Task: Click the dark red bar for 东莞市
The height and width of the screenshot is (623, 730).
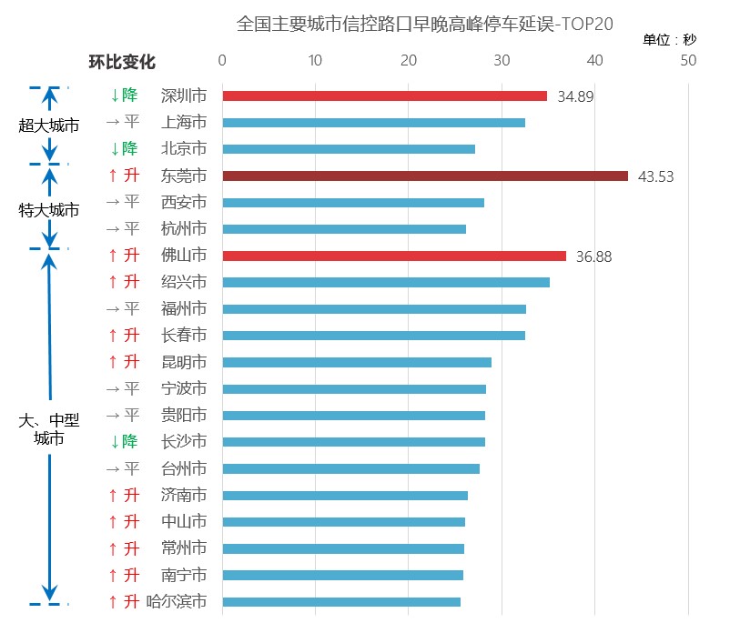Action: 425,176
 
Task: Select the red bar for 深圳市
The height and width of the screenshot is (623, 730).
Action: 384,95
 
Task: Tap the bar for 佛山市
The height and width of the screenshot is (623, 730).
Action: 394,256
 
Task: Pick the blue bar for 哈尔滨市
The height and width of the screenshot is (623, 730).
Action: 341,601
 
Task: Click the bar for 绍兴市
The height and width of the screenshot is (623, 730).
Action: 386,282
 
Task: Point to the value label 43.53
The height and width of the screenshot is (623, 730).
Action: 656,176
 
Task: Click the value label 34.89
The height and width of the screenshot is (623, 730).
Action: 575,96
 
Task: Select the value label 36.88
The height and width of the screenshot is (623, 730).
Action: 593,256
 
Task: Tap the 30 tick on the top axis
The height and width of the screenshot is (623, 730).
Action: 502,61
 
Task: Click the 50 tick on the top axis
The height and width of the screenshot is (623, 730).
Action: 687,61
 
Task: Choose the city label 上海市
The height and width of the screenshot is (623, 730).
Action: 183,122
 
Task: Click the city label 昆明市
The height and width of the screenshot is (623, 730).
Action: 183,362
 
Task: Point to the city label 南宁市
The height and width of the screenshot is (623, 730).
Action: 183,575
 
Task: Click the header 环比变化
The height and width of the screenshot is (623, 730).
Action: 122,62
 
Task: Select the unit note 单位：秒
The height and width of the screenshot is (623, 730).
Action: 670,40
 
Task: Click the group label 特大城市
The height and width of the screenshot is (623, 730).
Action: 49,210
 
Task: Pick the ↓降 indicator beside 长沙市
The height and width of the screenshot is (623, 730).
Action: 123,442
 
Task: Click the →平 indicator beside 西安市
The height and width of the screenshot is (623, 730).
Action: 123,202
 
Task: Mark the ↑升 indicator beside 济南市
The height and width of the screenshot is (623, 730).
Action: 123,496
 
